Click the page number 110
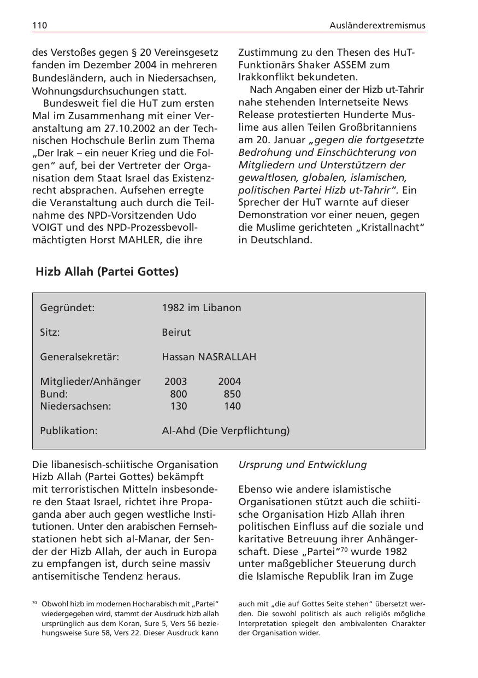(x=40, y=25)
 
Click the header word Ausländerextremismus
(x=377, y=25)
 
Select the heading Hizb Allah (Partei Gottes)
(x=107, y=271)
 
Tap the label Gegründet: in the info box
(x=67, y=308)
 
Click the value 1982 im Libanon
(x=201, y=308)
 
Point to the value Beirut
(x=176, y=332)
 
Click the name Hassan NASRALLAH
(x=209, y=357)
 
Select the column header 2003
(x=175, y=382)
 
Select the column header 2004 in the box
(x=229, y=382)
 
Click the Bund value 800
(x=178, y=394)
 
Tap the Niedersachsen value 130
(x=178, y=406)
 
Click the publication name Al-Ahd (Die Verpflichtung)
(x=226, y=431)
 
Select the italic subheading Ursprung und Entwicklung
(x=302, y=465)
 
